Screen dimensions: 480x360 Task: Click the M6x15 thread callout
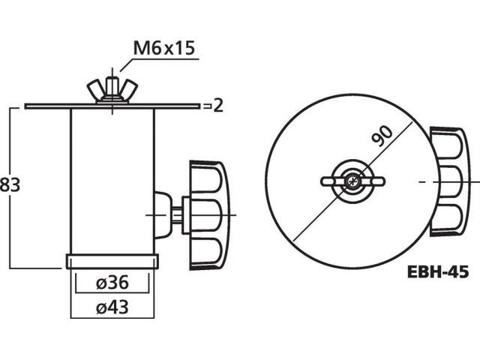[x=164, y=48]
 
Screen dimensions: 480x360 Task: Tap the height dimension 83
[x=10, y=185]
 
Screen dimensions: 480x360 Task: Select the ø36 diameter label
[x=112, y=283]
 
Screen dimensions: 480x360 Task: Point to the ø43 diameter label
[x=112, y=307]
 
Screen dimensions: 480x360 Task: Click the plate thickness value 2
[x=218, y=106]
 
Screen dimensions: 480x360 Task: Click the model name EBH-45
[x=438, y=271]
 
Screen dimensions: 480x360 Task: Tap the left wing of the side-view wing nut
[x=94, y=88]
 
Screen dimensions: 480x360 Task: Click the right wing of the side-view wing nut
[x=129, y=88]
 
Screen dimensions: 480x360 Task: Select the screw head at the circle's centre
[x=352, y=181]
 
